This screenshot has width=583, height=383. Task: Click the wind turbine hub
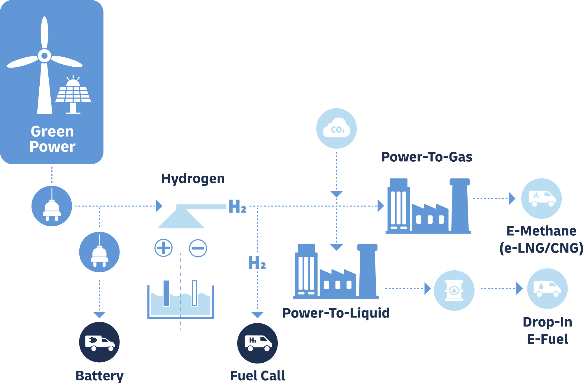point(44,55)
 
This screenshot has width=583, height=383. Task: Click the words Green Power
point(52,139)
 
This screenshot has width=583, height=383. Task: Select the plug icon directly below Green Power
point(52,206)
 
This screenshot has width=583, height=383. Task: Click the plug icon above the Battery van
point(99,252)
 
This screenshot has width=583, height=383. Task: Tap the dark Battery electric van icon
point(99,342)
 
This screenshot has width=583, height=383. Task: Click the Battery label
point(99,376)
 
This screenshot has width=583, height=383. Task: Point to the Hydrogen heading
point(193,179)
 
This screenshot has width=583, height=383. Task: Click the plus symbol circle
point(163,248)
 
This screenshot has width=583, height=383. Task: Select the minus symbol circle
point(198,248)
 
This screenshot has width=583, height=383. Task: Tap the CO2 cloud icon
point(336,128)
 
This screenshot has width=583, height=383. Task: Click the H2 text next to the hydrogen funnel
point(237,206)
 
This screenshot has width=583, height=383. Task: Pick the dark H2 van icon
point(257,343)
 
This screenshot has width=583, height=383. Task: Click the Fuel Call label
point(257,376)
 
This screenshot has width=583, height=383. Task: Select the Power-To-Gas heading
point(426,157)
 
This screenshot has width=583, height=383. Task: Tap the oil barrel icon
point(454,290)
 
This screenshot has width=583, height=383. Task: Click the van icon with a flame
point(541,198)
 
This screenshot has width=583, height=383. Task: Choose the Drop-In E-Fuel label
point(547,331)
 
